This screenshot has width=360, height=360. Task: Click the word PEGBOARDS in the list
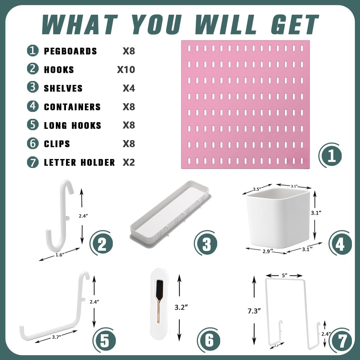(70, 51)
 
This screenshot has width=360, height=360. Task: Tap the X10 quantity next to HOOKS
(126, 70)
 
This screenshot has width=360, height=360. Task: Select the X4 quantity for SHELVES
(129, 88)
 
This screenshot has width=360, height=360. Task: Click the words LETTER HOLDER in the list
(79, 163)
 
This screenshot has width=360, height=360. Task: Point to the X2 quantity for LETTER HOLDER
(129, 162)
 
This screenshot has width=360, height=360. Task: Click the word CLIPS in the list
(57, 144)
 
